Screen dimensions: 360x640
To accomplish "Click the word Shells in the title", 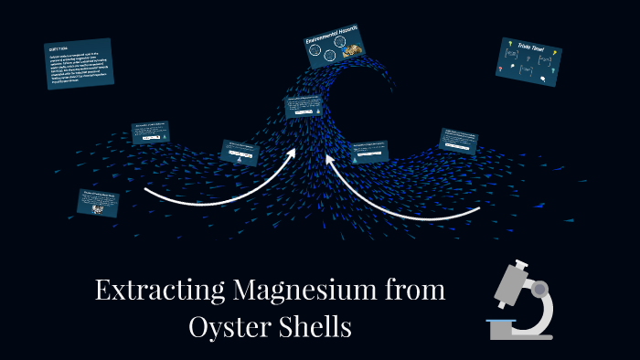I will pos(315,325).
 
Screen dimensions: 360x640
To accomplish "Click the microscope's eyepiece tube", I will pos(513,274).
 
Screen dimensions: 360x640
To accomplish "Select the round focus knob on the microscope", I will pos(540,290).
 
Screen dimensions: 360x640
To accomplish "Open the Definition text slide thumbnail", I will pos(80,63).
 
